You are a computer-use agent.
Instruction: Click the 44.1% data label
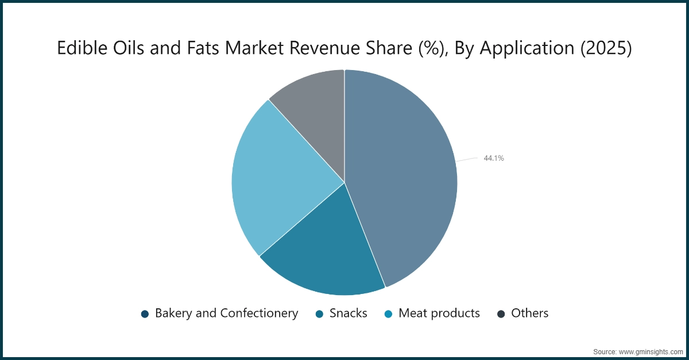pos(494,158)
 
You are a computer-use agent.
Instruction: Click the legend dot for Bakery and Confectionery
pos(145,313)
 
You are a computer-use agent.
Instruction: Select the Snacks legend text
pos(348,313)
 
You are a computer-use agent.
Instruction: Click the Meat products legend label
pos(439,313)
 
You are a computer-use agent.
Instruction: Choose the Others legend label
pos(529,313)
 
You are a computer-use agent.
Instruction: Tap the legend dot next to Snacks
pos(320,313)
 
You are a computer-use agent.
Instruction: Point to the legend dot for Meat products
pos(389,313)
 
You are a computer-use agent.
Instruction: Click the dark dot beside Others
pos(501,313)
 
